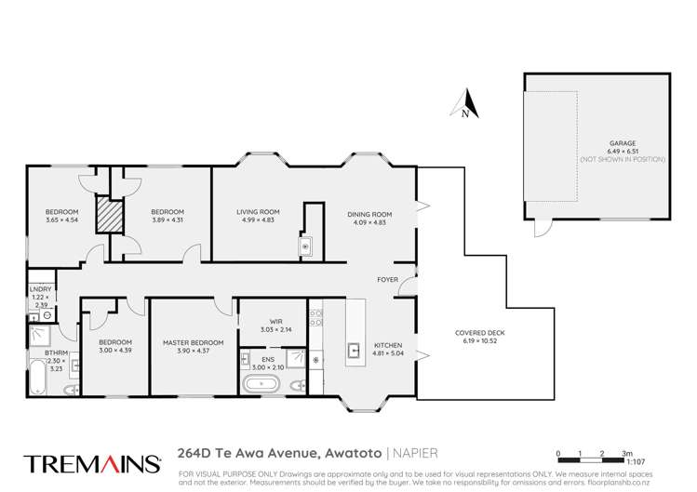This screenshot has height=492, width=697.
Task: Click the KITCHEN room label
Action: coord(387,345)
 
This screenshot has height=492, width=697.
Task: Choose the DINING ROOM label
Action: coord(369,215)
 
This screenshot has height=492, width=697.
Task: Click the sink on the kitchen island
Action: coord(355,351)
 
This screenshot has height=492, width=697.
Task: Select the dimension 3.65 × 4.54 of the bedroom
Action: coord(61,219)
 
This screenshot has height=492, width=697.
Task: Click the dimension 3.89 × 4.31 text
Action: coord(168,219)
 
